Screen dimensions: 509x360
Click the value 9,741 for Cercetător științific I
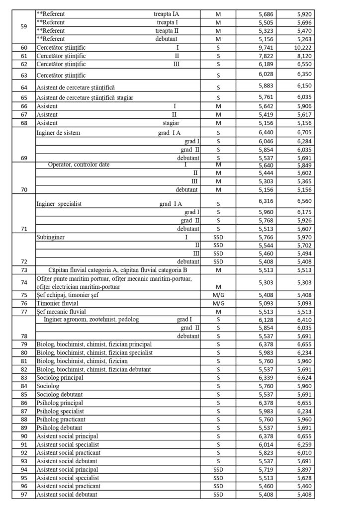[x=268, y=48]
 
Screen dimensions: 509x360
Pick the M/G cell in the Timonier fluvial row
[x=218, y=303]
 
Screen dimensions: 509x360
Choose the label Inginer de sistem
[x=58, y=133]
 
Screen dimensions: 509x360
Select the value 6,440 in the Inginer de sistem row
[x=268, y=133]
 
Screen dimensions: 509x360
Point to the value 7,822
[x=268, y=56]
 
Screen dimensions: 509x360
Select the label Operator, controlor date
[x=79, y=165]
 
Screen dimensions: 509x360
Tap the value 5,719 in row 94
[x=268, y=470]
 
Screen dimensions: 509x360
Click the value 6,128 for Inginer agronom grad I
[x=268, y=319]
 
